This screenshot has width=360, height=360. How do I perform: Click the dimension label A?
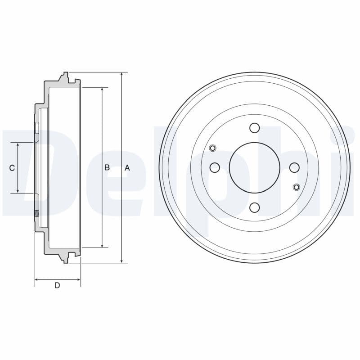pyautogui.click(x=127, y=168)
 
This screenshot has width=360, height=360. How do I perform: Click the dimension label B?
pyautogui.click(x=107, y=168)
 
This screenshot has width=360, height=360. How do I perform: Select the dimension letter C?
pyautogui.click(x=12, y=168)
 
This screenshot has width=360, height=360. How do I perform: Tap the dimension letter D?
pyautogui.click(x=57, y=285)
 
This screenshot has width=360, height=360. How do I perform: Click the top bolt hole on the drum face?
pyautogui.click(x=254, y=128)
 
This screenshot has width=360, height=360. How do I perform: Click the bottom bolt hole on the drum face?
pyautogui.click(x=254, y=207)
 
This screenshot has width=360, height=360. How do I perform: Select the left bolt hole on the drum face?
pyautogui.click(x=215, y=168)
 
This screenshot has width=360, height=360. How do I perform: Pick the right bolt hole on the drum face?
pyautogui.click(x=294, y=168)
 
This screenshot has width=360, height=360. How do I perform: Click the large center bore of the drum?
pyautogui.click(x=254, y=168)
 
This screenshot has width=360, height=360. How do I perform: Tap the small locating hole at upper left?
pyautogui.click(x=213, y=148)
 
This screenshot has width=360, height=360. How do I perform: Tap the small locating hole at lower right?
pyautogui.click(x=296, y=187)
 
